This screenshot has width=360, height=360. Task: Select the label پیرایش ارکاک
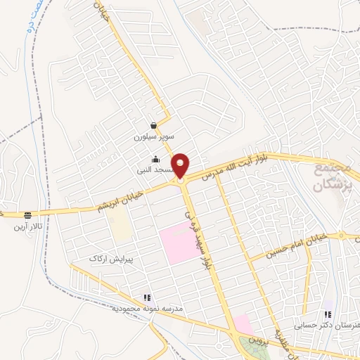(110, 259)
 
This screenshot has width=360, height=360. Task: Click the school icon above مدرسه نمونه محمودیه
(147, 298)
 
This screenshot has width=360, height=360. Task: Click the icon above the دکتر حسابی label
(328, 314)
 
